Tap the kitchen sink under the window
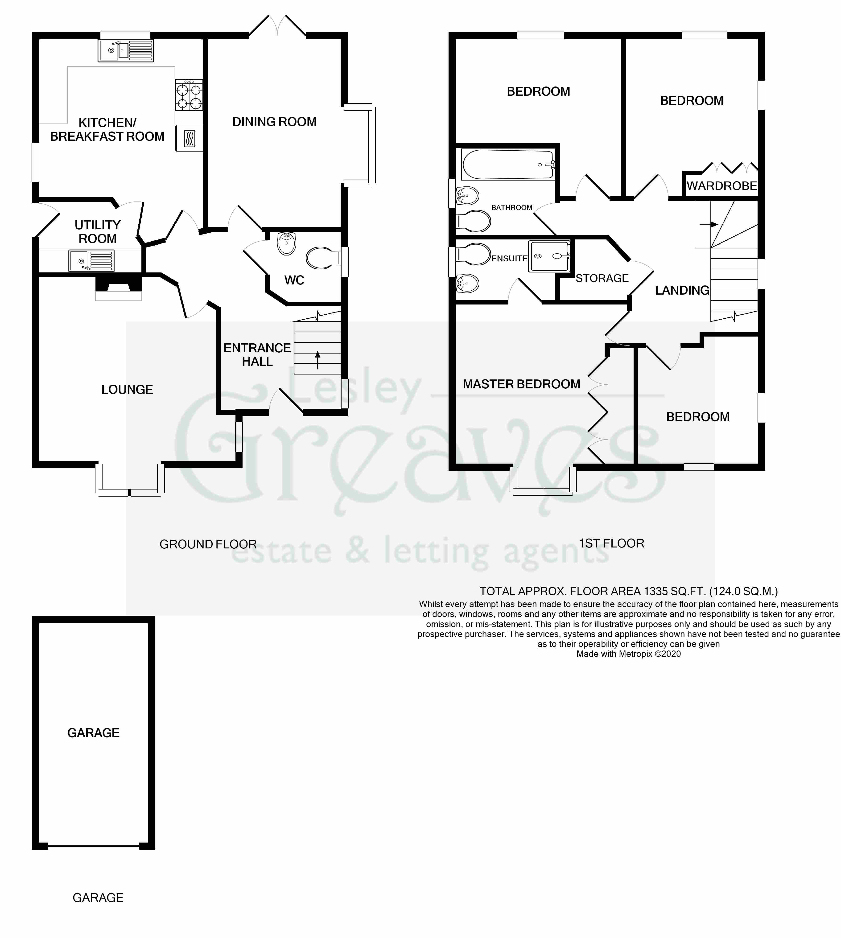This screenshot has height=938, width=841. coord(126,50)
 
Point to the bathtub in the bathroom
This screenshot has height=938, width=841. coord(507,165)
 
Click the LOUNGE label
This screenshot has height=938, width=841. coord(127,390)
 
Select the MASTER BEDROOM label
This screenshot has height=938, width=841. coord(521,384)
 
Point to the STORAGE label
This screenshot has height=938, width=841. coord(602,278)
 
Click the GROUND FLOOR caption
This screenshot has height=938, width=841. coord(208,544)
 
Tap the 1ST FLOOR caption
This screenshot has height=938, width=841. coord(611,543)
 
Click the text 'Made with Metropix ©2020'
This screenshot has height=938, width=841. coord(628,654)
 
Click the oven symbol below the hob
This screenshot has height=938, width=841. coord(189,138)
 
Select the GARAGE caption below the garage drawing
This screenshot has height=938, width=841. coord(98,898)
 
